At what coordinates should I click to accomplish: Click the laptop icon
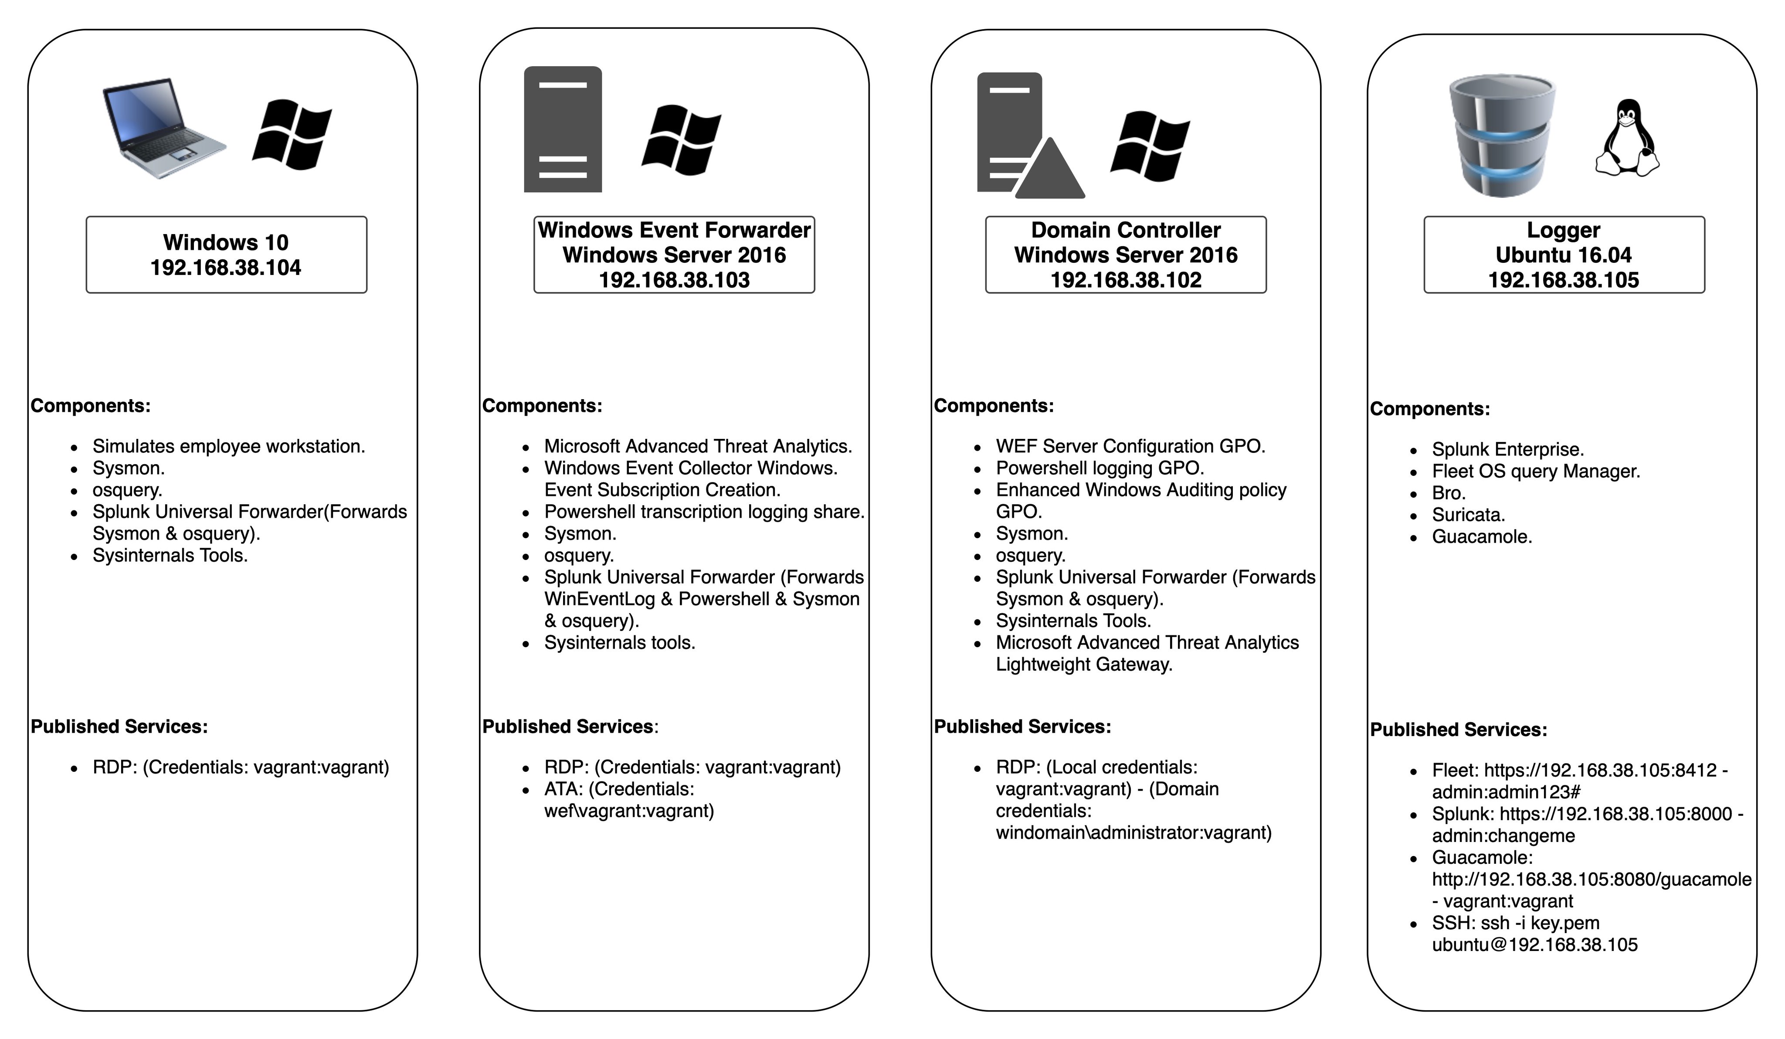pyautogui.click(x=164, y=128)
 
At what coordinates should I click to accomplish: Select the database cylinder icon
pyautogui.click(x=1502, y=136)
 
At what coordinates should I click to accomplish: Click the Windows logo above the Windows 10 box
pyautogui.click(x=292, y=135)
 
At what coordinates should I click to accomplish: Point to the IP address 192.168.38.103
pyautogui.click(x=674, y=280)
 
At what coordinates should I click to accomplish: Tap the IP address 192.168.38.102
pyautogui.click(x=1126, y=280)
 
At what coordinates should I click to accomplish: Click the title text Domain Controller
pyautogui.click(x=1126, y=230)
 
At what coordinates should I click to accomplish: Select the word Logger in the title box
pyautogui.click(x=1563, y=230)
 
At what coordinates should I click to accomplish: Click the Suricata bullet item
pyautogui.click(x=1468, y=515)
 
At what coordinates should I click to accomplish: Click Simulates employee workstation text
pyautogui.click(x=228, y=446)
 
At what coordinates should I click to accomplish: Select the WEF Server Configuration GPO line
pyautogui.click(x=1130, y=446)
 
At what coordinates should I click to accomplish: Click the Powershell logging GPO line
pyautogui.click(x=1100, y=468)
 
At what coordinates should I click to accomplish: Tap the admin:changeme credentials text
pyautogui.click(x=1503, y=836)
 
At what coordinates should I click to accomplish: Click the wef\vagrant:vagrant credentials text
pyautogui.click(x=628, y=811)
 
